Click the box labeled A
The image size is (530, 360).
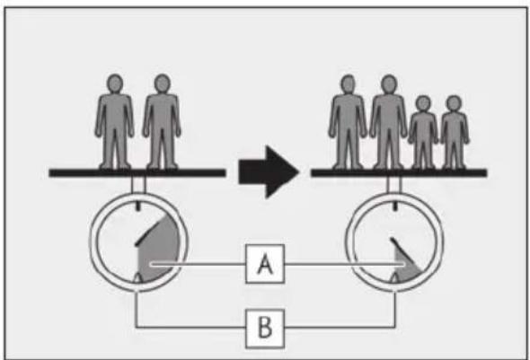pos(265,264)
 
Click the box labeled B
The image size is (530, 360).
pos(265,328)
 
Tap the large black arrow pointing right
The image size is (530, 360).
pos(269,172)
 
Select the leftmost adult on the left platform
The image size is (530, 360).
pos(114,121)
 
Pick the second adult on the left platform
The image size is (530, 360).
pos(162,121)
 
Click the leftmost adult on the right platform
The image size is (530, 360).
pos(348,121)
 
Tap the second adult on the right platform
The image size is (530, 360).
pos(388,121)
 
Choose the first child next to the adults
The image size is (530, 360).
pos(423,132)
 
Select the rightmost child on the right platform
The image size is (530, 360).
pos(455,132)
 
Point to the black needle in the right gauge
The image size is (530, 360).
pos(402,250)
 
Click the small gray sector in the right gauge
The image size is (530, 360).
pos(407,267)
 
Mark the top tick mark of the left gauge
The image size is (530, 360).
pos(137,206)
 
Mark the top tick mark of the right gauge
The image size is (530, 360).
pos(394,206)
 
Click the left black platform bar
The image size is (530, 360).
pos(137,173)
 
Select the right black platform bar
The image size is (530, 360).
pos(399,173)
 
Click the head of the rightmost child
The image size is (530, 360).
pos(454,103)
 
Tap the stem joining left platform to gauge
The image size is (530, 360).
pos(138,185)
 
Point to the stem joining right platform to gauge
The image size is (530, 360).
pos(394,185)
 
